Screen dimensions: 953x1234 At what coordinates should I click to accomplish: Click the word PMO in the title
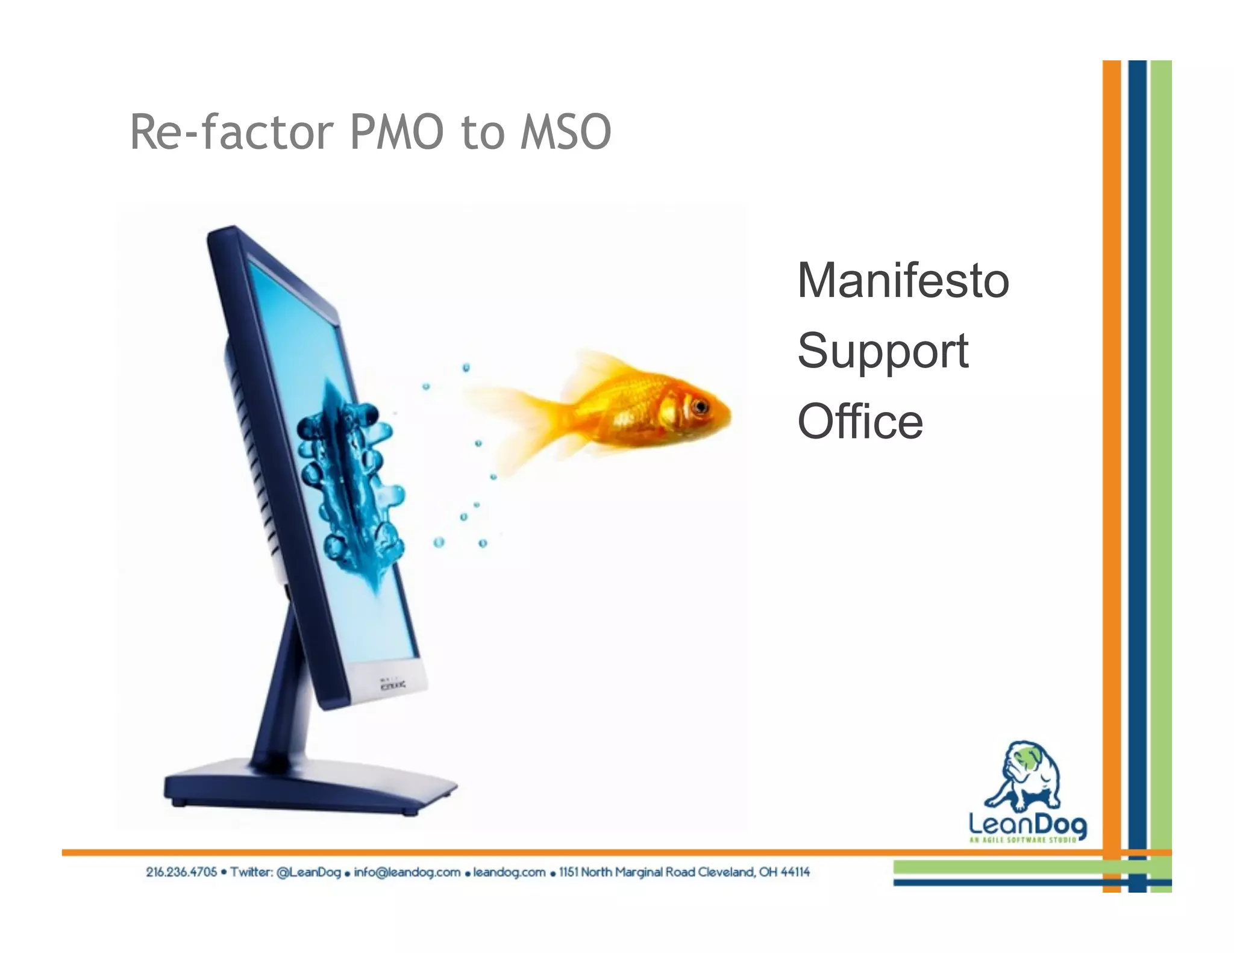398,133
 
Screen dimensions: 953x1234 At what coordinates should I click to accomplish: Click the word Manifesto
903,281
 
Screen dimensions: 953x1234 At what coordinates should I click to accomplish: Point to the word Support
883,351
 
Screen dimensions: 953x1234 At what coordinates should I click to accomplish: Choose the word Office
860,422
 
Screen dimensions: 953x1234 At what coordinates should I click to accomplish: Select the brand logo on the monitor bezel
392,684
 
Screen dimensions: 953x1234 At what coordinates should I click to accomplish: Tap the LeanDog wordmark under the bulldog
1028,824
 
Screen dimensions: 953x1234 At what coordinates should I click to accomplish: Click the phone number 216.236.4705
181,872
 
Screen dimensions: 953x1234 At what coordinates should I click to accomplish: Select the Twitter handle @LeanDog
308,872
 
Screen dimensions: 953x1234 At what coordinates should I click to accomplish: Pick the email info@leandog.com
407,872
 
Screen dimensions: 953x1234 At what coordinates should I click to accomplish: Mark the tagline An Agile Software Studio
1022,839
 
